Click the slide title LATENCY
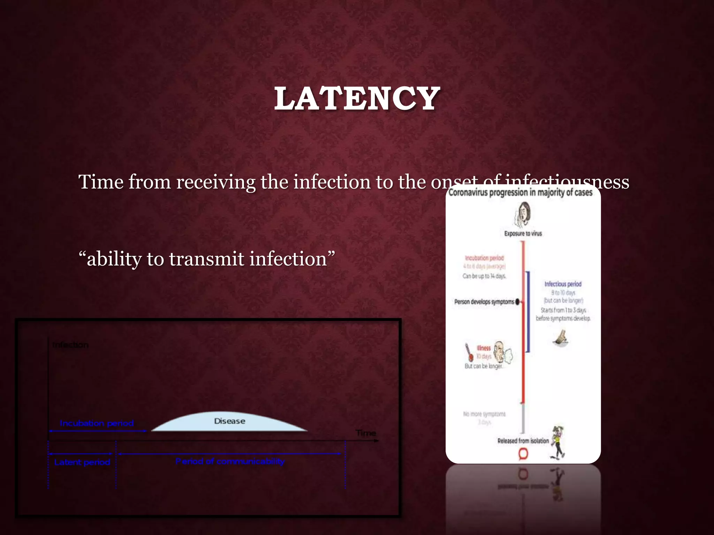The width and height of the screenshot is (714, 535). (x=357, y=99)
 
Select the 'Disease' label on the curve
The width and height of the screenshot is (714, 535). (x=229, y=421)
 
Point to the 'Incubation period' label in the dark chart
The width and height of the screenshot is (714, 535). (x=97, y=423)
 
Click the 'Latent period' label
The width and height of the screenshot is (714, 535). (x=82, y=462)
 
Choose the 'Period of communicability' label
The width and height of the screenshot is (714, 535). (x=230, y=462)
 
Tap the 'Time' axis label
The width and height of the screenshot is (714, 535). (x=366, y=433)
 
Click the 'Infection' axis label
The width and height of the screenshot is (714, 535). (x=70, y=345)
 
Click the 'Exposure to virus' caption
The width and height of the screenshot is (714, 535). (x=523, y=233)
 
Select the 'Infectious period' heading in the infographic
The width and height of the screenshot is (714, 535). (x=563, y=284)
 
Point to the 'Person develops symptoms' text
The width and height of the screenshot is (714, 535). (x=484, y=302)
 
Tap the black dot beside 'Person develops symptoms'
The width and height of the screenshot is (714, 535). (x=517, y=302)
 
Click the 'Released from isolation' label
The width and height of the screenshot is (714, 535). (x=523, y=441)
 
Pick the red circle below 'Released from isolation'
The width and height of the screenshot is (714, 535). (x=523, y=454)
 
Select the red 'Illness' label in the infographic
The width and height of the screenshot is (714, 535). (x=484, y=348)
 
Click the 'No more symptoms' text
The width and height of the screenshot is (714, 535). (x=484, y=414)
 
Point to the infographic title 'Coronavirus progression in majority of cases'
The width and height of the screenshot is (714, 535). (x=521, y=192)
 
